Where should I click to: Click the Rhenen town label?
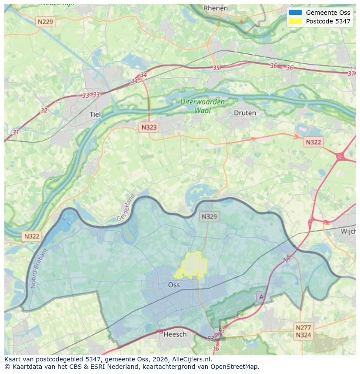tap(216, 8)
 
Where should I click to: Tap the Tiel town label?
tap(95, 114)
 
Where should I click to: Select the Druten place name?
tap(245, 113)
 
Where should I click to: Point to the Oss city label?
tap(174, 285)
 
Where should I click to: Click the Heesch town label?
tap(175, 334)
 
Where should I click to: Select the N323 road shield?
tap(149, 127)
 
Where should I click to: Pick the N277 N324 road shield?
tap(303, 331)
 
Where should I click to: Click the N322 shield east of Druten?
tap(313, 142)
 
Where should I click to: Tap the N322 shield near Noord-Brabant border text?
tap(32, 236)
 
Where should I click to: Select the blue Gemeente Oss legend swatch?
tap(295, 13)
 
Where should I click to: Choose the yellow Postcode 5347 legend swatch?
tap(295, 21)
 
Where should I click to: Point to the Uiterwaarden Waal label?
tap(203, 106)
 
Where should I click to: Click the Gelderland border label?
tap(126, 207)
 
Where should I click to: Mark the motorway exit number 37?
tap(351, 73)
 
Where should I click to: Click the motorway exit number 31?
tap(16, 132)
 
